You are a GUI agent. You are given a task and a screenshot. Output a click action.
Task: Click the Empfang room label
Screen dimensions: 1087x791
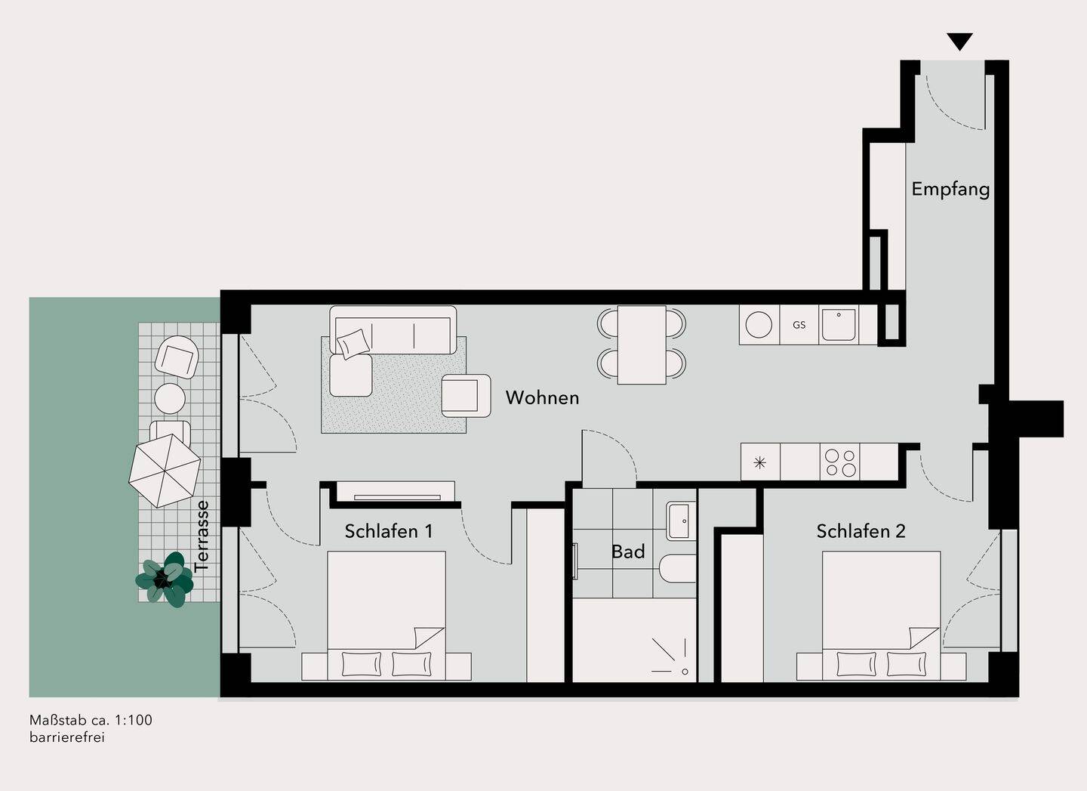[950, 190]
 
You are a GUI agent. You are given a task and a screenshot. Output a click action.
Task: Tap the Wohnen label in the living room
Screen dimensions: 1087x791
[543, 397]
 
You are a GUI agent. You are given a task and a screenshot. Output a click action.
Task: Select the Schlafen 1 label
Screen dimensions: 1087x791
[388, 531]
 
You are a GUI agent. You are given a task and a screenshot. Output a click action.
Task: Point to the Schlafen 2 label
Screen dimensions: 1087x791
[861, 531]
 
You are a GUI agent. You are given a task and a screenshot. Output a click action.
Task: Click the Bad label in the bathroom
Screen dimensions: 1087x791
[628, 552]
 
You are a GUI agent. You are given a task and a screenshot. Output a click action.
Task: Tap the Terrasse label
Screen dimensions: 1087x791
[202, 536]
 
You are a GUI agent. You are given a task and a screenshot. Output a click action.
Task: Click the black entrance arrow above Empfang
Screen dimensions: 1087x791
[959, 42]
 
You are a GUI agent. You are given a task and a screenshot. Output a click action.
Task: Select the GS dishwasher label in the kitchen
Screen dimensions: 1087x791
[799, 325]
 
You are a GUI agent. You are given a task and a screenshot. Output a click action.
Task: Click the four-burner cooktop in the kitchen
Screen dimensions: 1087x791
[840, 462]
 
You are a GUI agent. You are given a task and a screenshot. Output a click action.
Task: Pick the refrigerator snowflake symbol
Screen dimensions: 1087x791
[760, 463]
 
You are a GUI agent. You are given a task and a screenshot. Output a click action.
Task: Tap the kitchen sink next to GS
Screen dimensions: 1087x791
[839, 325]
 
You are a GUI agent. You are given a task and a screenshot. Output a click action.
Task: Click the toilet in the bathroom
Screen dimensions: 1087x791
[678, 569]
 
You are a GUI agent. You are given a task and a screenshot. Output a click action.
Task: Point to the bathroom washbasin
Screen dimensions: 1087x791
[681, 521]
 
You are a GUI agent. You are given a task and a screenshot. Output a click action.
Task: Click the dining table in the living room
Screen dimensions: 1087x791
[642, 345]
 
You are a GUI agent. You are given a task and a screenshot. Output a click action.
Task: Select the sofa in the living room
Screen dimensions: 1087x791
[393, 329]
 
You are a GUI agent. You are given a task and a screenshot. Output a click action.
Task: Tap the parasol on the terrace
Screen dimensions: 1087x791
[165, 471]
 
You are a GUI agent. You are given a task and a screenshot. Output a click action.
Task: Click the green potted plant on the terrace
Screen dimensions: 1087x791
[165, 579]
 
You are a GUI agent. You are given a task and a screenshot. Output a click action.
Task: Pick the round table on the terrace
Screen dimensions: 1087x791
[170, 398]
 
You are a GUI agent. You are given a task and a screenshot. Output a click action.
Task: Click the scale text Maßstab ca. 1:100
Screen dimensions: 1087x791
[91, 720]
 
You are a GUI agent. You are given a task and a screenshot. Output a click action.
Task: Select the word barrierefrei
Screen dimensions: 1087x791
[67, 737]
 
